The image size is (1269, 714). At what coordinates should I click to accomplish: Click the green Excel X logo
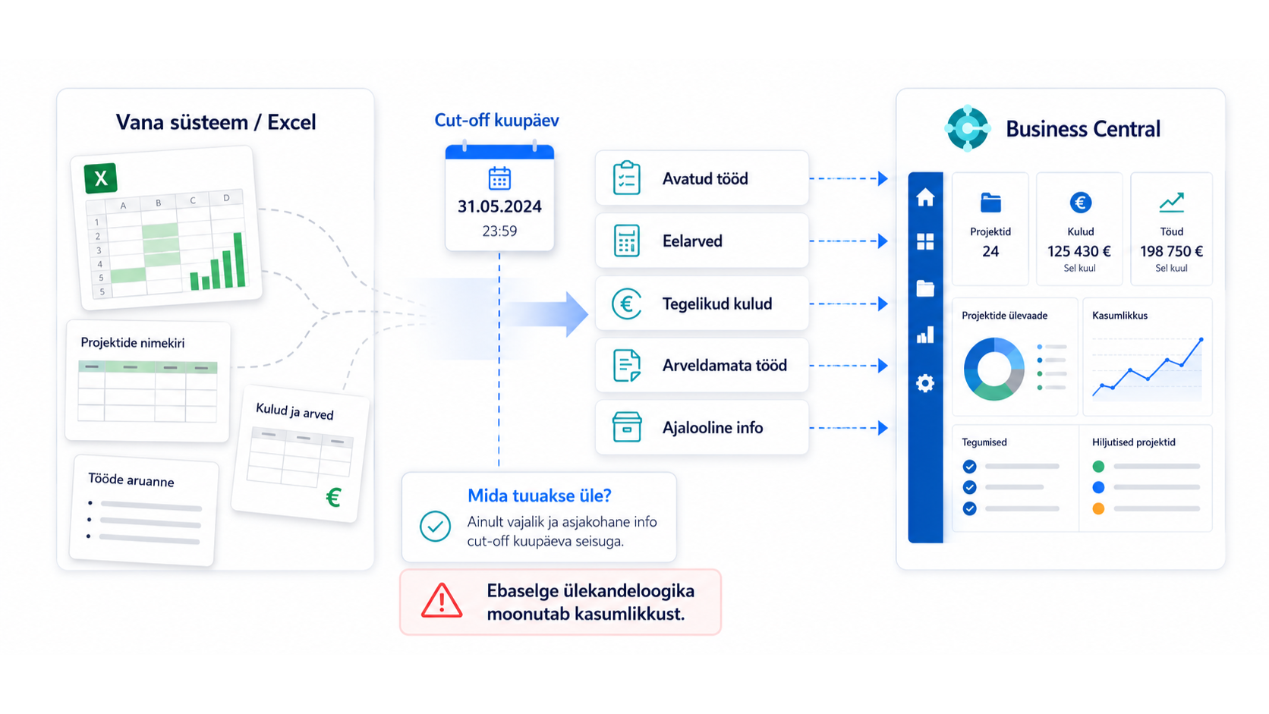click(101, 178)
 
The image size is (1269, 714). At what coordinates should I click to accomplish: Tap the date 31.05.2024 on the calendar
click(499, 206)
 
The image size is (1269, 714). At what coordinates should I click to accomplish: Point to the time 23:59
click(499, 231)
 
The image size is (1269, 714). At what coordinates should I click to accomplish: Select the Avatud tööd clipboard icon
click(627, 178)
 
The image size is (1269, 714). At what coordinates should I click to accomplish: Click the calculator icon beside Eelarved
click(627, 241)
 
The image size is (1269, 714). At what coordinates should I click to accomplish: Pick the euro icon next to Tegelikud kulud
click(627, 304)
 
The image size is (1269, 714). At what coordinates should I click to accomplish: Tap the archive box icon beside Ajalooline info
click(627, 427)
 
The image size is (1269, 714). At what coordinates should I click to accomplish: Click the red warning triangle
click(442, 600)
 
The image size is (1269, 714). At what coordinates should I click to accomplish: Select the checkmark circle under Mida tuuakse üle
click(435, 526)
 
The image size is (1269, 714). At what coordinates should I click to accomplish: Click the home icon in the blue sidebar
click(925, 197)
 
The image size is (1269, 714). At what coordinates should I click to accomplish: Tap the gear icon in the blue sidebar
click(925, 383)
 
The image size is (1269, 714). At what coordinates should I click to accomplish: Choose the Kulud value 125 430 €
click(1079, 251)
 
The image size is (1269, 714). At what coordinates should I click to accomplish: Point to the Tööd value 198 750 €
click(1172, 251)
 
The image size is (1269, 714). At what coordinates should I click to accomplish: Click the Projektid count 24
click(990, 251)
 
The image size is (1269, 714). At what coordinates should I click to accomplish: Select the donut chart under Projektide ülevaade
click(993, 370)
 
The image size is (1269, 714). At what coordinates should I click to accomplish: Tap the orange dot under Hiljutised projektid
click(1098, 508)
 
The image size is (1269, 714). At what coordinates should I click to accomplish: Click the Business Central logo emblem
click(968, 128)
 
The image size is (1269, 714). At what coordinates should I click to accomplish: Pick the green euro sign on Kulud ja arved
click(334, 497)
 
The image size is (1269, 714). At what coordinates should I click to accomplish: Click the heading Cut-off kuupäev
click(497, 120)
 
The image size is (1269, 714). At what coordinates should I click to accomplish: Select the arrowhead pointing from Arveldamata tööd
click(883, 366)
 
